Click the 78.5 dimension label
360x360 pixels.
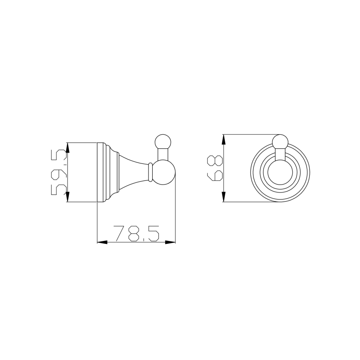click(x=136, y=234)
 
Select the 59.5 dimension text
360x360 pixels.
click(x=59, y=172)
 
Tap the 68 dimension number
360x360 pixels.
click(x=215, y=168)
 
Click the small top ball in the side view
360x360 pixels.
click(x=163, y=142)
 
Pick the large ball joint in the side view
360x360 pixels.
click(x=164, y=173)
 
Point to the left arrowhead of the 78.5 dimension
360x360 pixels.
click(x=102, y=242)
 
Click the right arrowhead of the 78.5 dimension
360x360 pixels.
click(x=170, y=242)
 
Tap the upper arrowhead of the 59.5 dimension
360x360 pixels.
click(x=68, y=147)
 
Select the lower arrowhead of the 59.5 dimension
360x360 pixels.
click(x=68, y=197)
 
